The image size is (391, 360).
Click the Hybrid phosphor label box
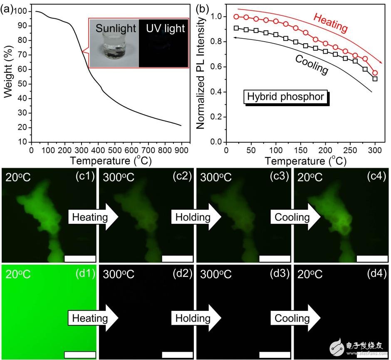click(x=285, y=97)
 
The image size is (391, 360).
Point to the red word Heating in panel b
click(x=330, y=23)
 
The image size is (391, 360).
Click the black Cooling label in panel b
click(x=312, y=65)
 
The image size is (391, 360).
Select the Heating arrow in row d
click(x=93, y=318)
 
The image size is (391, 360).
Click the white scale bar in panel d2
click(x=178, y=355)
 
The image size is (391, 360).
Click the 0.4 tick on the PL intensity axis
click(x=216, y=92)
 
